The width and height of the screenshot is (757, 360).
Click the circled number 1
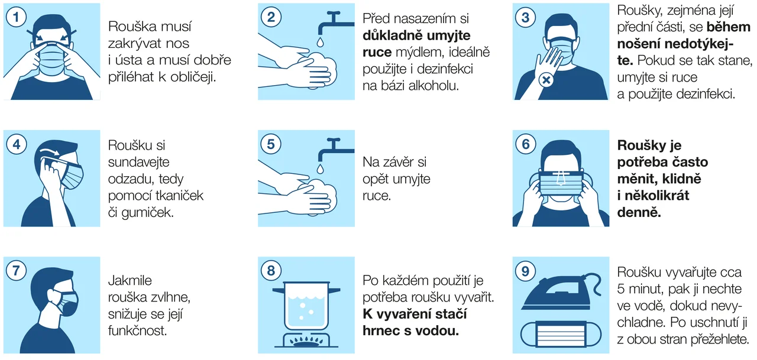(x=16, y=17)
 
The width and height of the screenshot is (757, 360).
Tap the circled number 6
(x=526, y=144)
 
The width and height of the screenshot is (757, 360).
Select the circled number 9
(x=525, y=271)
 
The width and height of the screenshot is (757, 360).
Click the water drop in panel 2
(x=320, y=42)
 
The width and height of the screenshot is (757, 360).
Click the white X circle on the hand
(x=546, y=80)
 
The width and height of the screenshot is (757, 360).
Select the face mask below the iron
(x=561, y=335)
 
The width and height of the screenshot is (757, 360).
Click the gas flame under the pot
(x=306, y=341)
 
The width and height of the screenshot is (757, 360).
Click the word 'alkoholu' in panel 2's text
(x=434, y=86)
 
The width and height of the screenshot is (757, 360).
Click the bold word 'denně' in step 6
(x=639, y=212)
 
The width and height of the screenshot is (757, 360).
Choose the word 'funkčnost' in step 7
(x=138, y=330)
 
